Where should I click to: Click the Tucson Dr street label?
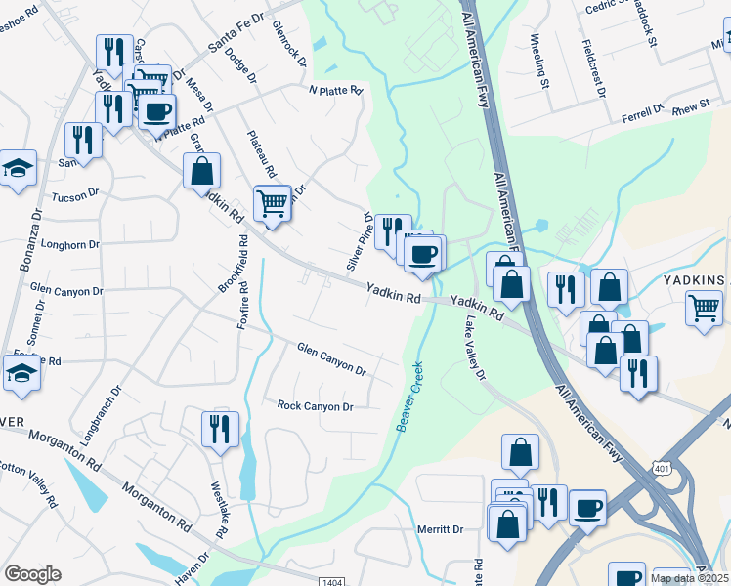coord(76,195)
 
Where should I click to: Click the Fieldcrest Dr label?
coord(593,68)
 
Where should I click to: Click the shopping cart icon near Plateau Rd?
coord(272,203)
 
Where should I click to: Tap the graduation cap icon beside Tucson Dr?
coord(18,169)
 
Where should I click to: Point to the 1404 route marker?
coord(333,582)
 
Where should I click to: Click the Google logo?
coord(32,574)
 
